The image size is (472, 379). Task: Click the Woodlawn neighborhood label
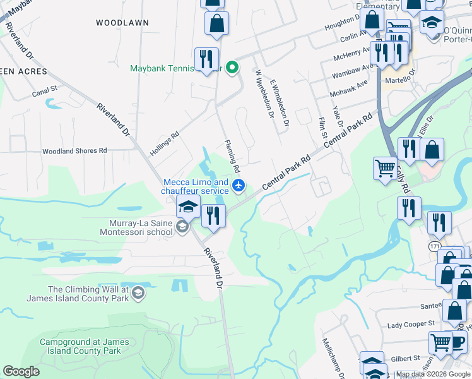click(x=122, y=23)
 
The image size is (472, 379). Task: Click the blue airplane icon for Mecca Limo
click(x=238, y=186)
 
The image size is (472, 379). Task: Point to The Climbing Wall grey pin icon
click(x=138, y=293)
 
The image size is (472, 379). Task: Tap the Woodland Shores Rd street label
click(x=74, y=151)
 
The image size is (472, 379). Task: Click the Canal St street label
click(x=44, y=92)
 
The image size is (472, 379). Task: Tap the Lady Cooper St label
click(x=411, y=324)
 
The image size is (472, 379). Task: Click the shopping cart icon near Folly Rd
click(x=385, y=169)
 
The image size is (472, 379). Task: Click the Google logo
click(x=21, y=371)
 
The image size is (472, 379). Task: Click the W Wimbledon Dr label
click(x=263, y=94)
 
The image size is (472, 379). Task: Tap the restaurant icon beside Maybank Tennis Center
click(x=206, y=59)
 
